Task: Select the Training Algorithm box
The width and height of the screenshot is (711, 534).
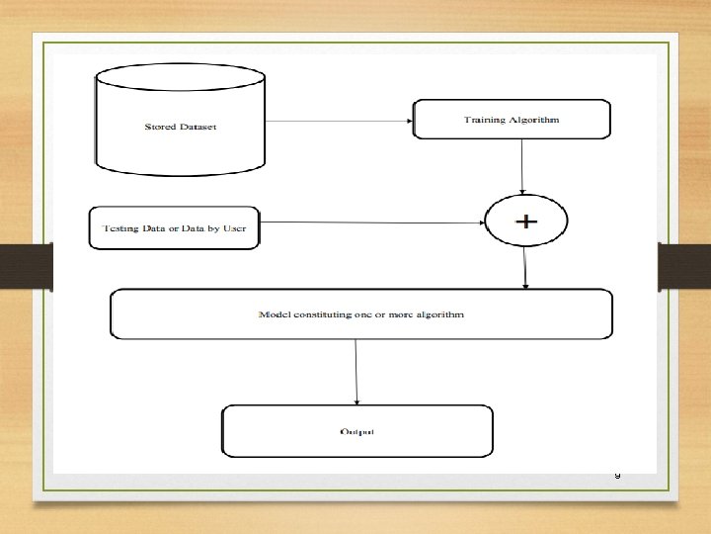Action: click(x=511, y=120)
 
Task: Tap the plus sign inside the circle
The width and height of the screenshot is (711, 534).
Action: click(x=525, y=222)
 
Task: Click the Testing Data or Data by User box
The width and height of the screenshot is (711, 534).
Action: click(x=174, y=228)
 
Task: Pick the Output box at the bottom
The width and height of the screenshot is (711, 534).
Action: click(x=356, y=431)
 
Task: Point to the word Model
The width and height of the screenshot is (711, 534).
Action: click(x=272, y=313)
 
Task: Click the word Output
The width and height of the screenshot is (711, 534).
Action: click(x=356, y=432)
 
